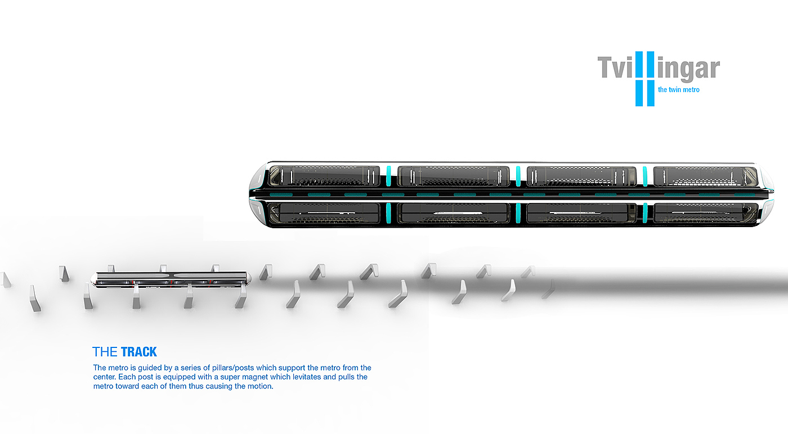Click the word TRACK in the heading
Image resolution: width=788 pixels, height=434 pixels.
(138, 352)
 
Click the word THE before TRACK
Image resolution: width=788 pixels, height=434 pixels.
(105, 352)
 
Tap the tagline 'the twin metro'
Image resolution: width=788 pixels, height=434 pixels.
(678, 89)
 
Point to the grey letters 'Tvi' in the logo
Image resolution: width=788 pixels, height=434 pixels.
(615, 68)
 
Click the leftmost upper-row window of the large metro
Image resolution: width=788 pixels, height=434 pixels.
(325, 175)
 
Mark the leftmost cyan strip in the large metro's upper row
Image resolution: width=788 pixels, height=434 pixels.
(388, 175)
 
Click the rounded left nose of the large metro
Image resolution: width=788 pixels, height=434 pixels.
(256, 194)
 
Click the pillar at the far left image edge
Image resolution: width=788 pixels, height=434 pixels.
(6, 279)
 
